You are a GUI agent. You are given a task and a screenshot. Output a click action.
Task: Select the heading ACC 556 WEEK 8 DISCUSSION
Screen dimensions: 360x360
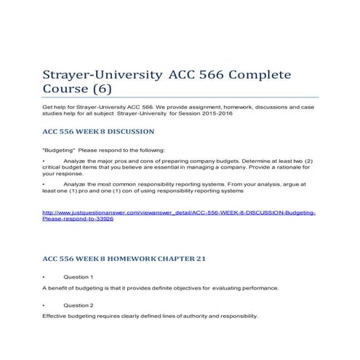[x=99, y=132]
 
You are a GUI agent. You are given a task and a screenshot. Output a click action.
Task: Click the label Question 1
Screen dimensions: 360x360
[x=78, y=277]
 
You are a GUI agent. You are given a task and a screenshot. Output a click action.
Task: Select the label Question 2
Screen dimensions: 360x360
[x=78, y=305]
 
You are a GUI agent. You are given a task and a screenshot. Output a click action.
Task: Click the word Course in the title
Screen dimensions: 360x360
[x=61, y=92]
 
